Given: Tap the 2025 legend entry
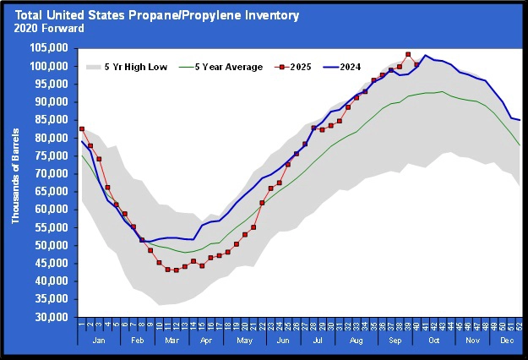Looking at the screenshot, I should [300, 67].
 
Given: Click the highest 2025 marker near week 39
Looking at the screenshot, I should [408, 54].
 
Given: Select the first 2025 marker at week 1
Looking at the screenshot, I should [82, 129].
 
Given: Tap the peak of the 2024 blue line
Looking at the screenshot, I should [425, 56].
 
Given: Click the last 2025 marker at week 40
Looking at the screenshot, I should [416, 64].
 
